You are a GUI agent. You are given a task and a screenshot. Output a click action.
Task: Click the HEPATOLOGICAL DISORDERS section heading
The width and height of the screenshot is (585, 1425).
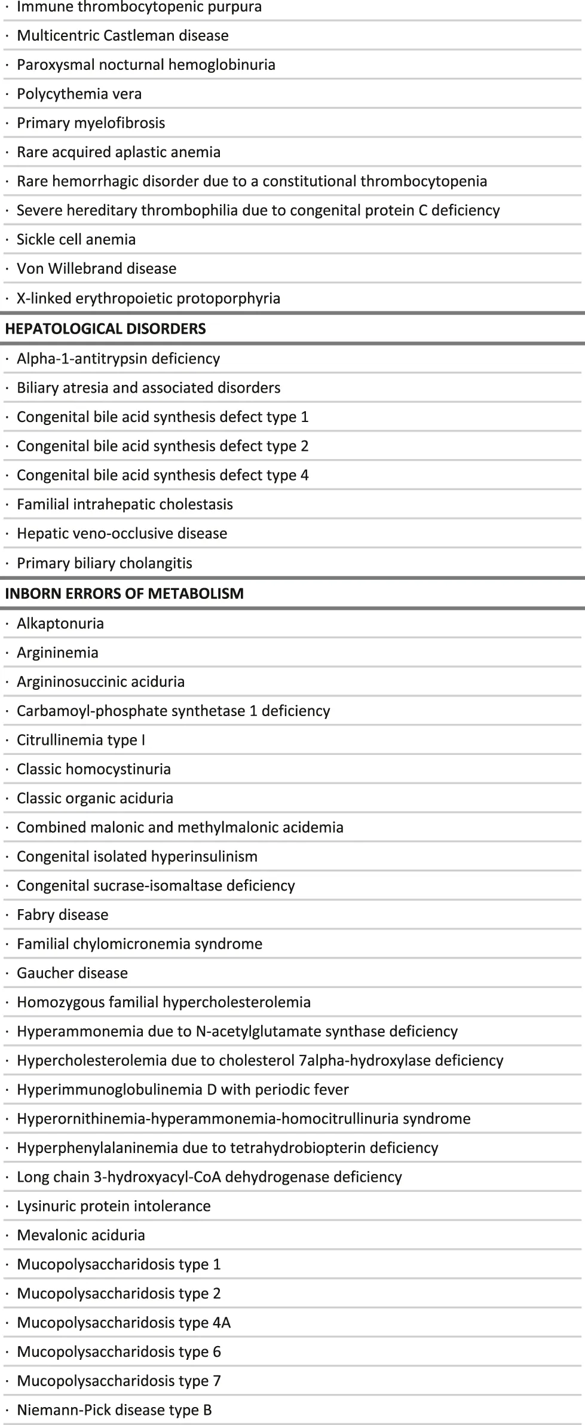click(x=105, y=329)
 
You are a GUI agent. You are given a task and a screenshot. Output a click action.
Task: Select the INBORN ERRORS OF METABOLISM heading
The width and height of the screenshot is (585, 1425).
click(x=124, y=594)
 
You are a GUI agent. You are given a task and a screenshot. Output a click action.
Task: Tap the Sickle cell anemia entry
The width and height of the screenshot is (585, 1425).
click(x=76, y=240)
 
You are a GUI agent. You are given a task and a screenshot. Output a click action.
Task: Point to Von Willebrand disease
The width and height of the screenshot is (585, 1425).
click(x=96, y=269)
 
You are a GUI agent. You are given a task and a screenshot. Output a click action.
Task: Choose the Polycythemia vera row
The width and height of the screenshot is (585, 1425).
click(x=79, y=94)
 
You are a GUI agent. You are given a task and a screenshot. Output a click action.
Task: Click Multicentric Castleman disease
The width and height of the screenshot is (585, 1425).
click(x=122, y=36)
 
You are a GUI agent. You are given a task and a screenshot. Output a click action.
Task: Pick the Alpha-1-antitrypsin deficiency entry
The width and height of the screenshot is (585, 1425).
click(x=118, y=359)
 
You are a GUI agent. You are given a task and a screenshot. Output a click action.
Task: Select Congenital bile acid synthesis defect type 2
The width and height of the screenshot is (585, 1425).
click(x=163, y=446)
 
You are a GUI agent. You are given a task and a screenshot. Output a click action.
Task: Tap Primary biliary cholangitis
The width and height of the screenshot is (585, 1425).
click(x=105, y=563)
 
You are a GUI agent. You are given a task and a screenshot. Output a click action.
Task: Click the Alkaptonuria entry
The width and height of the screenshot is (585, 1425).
click(x=60, y=623)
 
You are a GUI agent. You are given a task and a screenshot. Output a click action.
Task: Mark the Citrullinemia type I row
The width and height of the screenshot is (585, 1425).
click(x=81, y=740)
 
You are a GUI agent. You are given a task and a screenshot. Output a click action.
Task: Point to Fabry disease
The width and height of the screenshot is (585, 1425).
click(x=63, y=915)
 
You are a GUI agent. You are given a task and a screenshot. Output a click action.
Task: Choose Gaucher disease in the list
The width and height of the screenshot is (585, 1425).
click(x=72, y=973)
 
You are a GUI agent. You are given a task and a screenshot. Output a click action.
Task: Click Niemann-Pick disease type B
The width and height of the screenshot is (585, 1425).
click(x=114, y=1410)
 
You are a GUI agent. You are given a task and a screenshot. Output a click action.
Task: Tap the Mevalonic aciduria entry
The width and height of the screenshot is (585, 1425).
click(x=81, y=1235)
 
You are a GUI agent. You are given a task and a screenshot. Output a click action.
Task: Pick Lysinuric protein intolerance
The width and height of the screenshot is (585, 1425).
click(x=114, y=1206)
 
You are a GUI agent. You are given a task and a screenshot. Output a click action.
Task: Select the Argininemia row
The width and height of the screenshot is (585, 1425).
click(x=57, y=653)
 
